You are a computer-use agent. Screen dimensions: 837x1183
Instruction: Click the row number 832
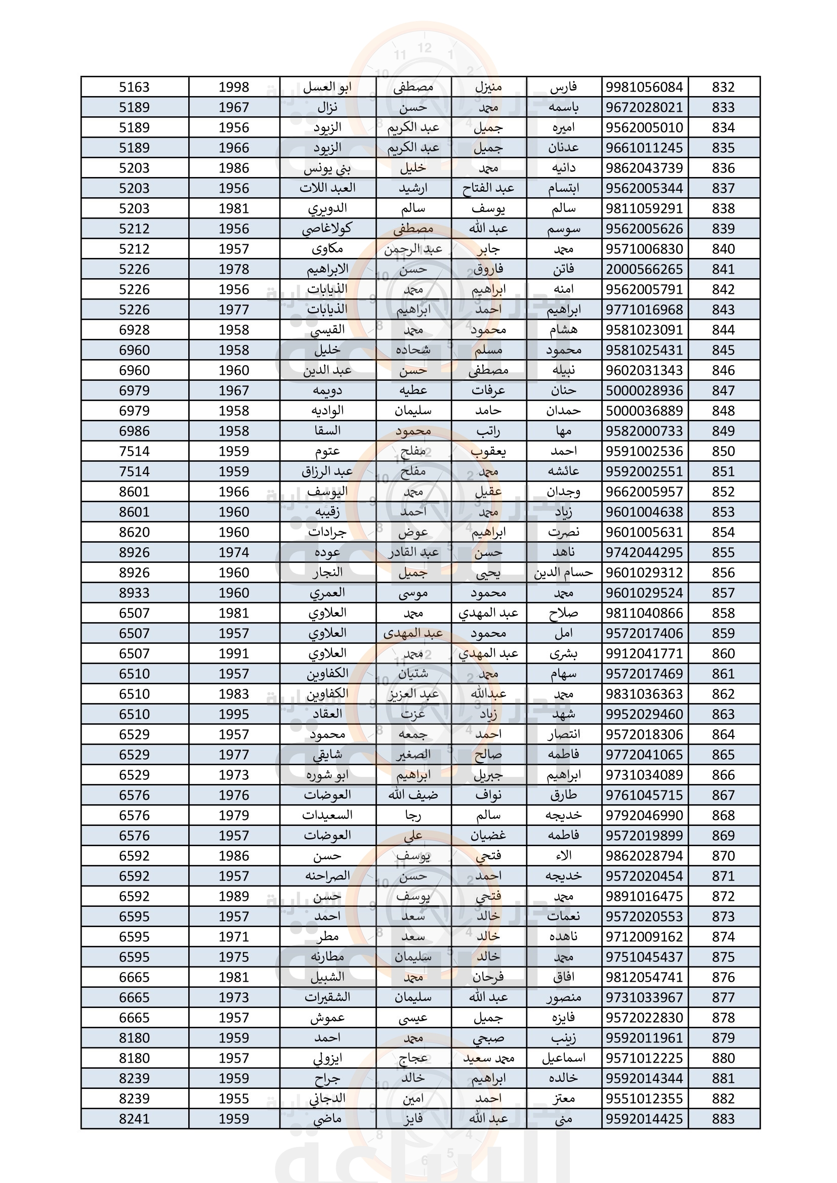click(723, 87)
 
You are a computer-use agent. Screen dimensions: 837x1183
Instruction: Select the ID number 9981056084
click(644, 87)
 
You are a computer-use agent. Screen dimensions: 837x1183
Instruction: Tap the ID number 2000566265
click(644, 269)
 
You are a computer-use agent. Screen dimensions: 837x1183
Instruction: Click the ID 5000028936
click(644, 390)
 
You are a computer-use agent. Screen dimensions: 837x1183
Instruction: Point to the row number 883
click(723, 1119)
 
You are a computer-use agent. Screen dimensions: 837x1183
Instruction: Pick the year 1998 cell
click(233, 87)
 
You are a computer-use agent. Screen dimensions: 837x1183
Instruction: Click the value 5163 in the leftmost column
click(134, 87)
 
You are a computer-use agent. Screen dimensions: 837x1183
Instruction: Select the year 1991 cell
click(233, 653)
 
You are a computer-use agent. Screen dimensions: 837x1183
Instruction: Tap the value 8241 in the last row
click(134, 1119)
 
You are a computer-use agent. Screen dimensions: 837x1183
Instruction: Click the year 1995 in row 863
click(233, 714)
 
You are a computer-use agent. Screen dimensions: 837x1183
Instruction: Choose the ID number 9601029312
click(644, 573)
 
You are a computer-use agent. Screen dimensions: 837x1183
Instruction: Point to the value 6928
click(134, 330)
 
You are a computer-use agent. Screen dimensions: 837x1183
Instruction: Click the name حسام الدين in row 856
click(563, 573)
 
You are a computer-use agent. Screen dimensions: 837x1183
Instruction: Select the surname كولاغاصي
click(327, 229)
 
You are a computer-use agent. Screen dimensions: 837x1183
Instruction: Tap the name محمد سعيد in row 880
click(489, 1058)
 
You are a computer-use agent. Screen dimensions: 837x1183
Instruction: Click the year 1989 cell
click(233, 896)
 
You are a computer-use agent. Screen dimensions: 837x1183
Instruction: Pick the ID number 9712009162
click(644, 937)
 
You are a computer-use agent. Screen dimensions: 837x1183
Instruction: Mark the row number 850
click(723, 451)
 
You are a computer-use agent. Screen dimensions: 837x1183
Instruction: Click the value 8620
click(134, 532)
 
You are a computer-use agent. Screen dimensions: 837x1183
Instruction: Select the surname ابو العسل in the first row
click(327, 87)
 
